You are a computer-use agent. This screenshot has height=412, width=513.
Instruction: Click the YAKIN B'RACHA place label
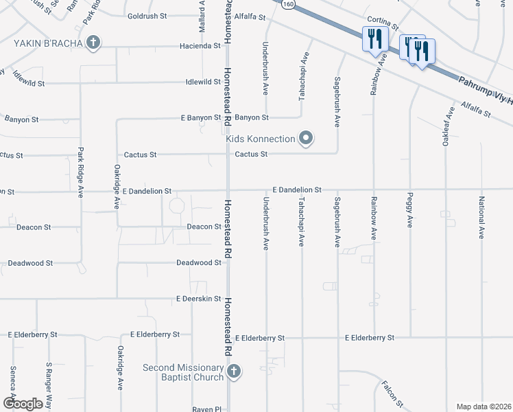tap(48, 43)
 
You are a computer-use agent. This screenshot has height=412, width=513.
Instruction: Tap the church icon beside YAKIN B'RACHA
tap(93, 43)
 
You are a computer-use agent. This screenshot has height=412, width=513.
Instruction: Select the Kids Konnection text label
tap(261, 139)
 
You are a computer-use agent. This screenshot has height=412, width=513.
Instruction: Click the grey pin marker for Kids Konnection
tap(306, 139)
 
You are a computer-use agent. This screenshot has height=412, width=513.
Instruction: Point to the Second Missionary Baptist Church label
tap(183, 372)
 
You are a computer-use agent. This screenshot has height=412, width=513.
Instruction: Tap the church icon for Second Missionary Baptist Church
tap(234, 372)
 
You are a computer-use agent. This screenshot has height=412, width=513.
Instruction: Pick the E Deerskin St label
tap(198, 299)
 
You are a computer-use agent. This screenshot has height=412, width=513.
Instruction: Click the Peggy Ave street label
tap(410, 213)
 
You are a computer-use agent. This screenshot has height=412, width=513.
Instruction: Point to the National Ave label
tap(481, 218)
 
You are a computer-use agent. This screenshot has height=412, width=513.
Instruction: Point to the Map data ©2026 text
tap(484, 407)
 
